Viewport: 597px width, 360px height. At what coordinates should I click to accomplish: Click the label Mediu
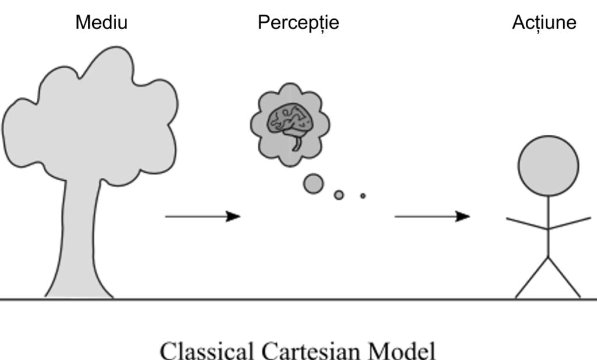[101, 22]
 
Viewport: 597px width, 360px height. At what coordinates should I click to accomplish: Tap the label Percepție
[298, 23]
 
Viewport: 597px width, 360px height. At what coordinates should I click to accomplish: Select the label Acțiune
[544, 23]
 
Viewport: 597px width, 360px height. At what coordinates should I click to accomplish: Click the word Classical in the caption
[207, 351]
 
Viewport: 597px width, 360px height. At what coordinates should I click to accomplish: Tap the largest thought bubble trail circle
[313, 184]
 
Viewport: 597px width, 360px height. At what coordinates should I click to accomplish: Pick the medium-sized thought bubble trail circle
[339, 195]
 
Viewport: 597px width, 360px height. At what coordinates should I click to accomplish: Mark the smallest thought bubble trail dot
[363, 196]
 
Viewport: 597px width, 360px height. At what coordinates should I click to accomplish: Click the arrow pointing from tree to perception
[202, 216]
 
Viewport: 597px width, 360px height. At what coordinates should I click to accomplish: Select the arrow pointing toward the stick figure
[432, 216]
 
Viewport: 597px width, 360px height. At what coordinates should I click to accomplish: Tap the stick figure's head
[548, 166]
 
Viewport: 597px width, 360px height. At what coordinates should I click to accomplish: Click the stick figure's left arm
[527, 223]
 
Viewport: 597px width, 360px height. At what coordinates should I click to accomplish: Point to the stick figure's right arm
[570, 223]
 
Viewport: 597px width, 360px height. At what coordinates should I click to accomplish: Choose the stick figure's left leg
[532, 278]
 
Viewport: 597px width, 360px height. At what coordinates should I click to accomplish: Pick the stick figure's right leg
[564, 278]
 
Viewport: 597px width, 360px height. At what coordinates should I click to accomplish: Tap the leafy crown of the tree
[90, 114]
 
